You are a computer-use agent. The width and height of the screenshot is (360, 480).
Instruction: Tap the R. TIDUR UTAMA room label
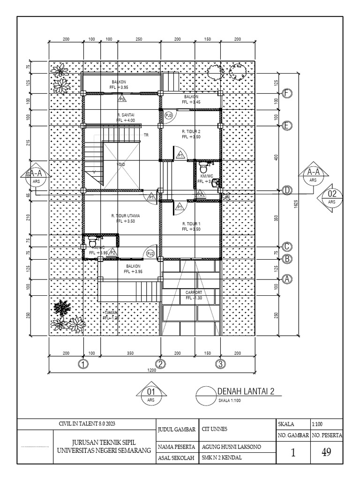pos(126,216)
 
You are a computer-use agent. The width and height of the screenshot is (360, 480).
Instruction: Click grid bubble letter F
pos(287,93)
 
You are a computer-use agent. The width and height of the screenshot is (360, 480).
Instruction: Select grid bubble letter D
pos(287,190)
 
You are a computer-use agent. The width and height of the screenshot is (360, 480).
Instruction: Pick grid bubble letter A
pos(287,278)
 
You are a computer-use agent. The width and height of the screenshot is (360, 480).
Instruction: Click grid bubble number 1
pos(83,364)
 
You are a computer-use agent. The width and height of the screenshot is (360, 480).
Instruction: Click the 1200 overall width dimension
pos(151,370)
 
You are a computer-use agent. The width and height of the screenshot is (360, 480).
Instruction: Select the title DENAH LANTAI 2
pos(245,391)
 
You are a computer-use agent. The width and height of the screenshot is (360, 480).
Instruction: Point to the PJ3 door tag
pos(169,115)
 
